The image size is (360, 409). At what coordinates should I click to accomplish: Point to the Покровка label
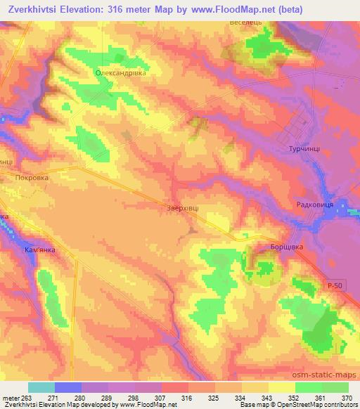click(32, 178)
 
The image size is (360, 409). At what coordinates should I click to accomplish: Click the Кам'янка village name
click(49, 249)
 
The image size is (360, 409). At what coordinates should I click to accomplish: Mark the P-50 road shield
click(335, 283)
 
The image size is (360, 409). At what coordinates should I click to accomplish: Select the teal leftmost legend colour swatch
click(41, 387)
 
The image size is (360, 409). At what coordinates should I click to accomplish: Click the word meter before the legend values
click(10, 397)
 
